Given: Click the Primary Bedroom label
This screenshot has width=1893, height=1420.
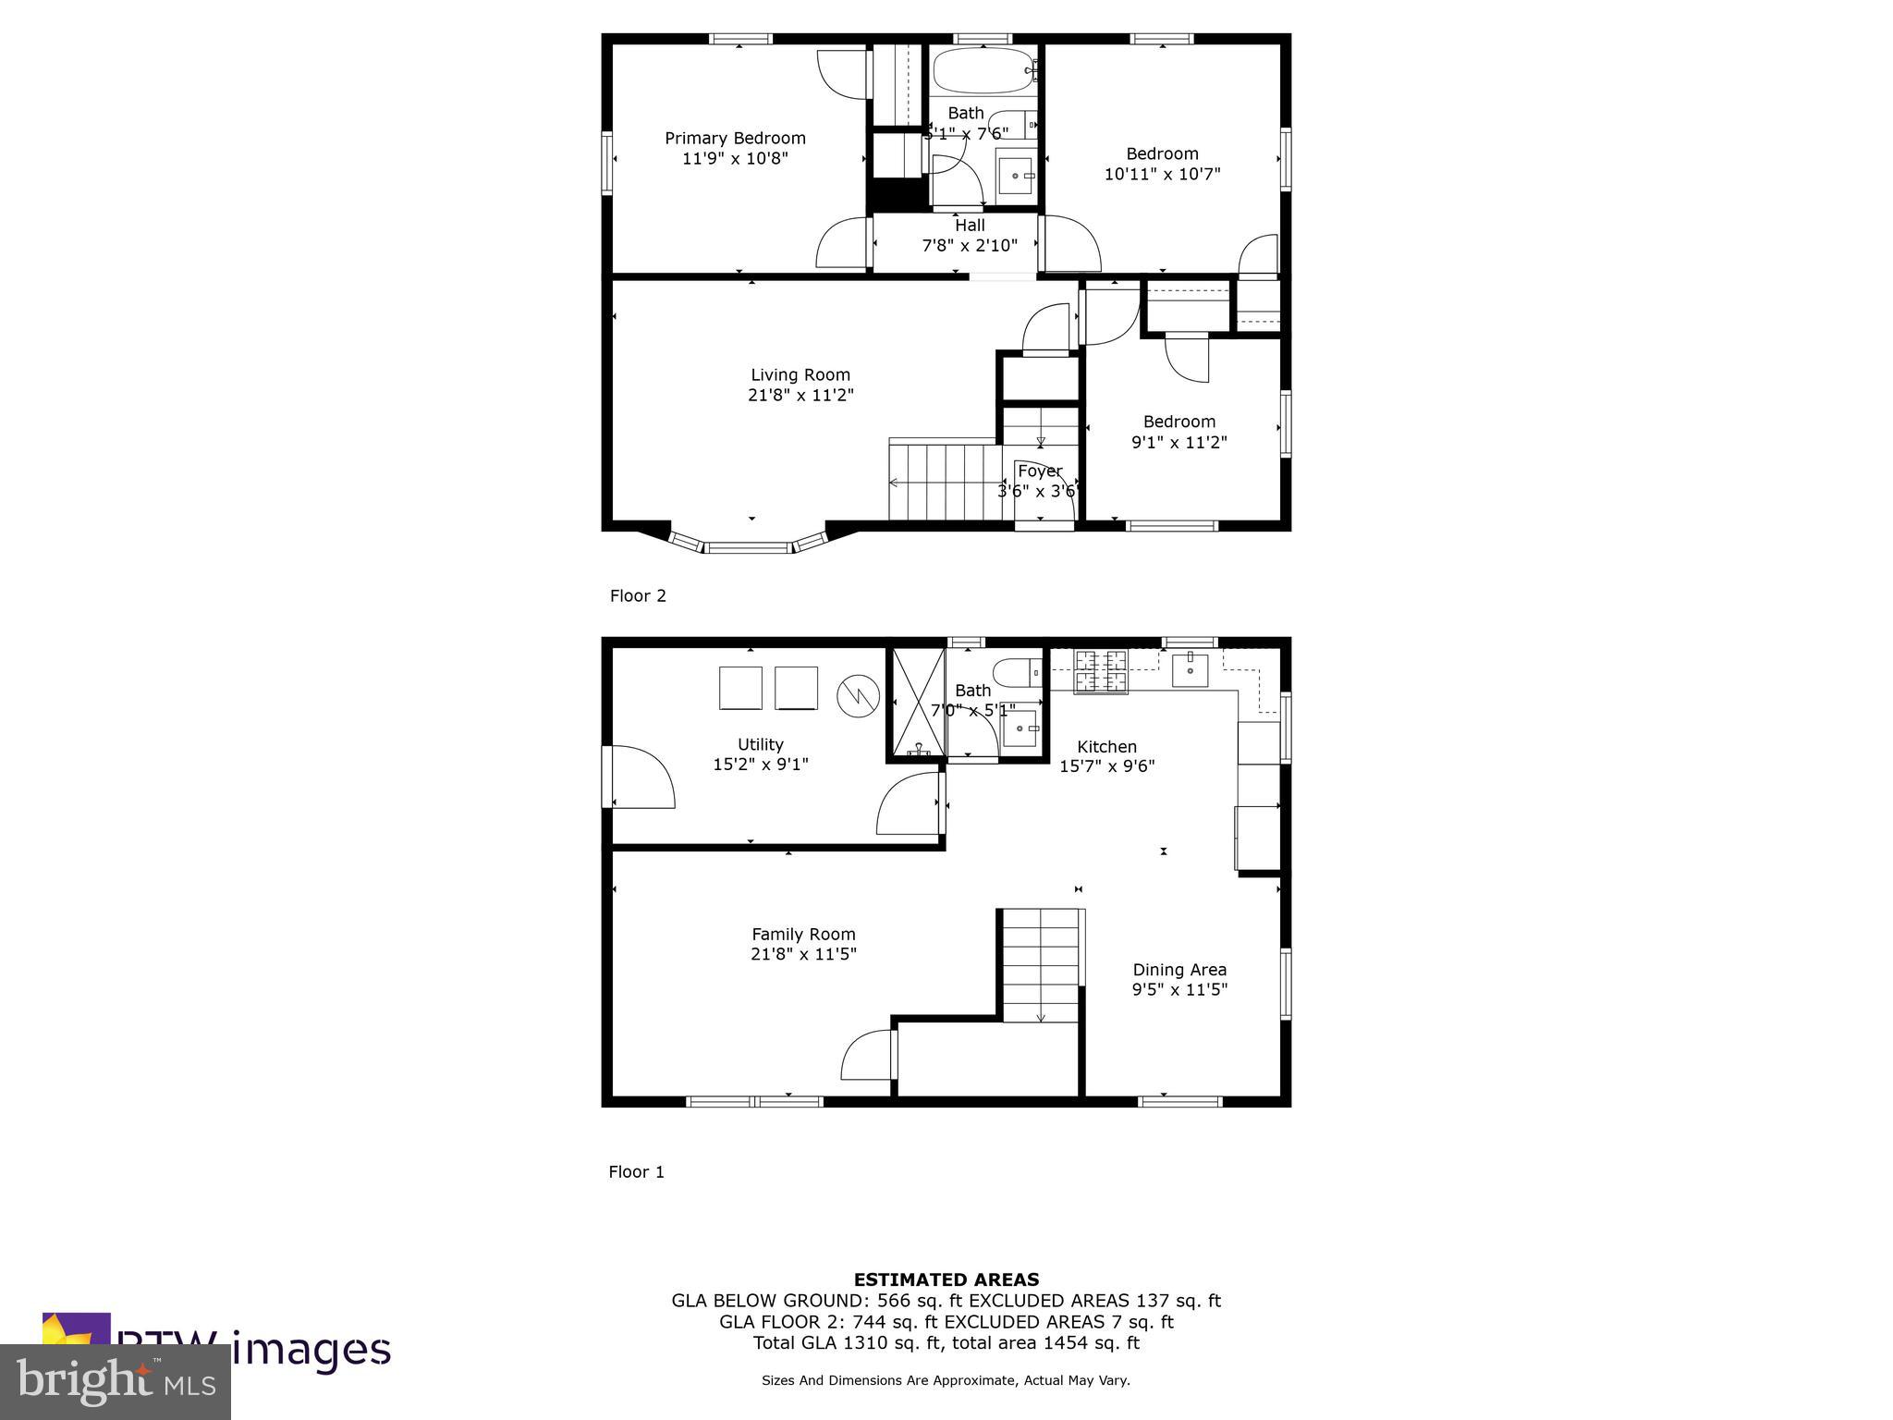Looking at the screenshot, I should tap(735, 139).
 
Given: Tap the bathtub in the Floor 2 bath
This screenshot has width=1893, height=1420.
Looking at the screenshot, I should tap(982, 70).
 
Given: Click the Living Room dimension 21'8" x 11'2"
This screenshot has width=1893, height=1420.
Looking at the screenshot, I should tap(800, 396).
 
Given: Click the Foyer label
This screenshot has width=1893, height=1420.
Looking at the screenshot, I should tap(1040, 471).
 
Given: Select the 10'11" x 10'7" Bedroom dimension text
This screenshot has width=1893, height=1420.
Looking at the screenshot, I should tap(1162, 174).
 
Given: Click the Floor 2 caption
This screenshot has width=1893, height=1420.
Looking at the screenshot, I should tap(638, 596).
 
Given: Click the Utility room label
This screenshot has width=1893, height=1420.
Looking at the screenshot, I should tap(760, 745).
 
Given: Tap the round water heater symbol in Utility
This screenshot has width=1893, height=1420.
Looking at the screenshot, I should tap(857, 696).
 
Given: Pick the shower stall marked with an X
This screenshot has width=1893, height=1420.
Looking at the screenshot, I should tap(917, 704).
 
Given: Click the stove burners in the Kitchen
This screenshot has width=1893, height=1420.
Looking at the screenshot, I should tap(1101, 672).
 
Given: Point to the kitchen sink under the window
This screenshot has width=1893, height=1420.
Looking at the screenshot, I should tap(1190, 669).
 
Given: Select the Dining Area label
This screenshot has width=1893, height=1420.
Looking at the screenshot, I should tap(1179, 970).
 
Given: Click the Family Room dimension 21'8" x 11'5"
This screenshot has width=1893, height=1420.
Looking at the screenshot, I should tap(803, 954).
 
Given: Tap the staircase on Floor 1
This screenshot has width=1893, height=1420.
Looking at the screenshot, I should tap(1041, 965).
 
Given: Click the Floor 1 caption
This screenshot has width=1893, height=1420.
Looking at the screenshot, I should tap(636, 1172).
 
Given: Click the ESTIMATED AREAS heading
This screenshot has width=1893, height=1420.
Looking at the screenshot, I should tap(946, 1280).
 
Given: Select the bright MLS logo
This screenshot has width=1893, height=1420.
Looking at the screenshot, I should tap(115, 1380).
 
